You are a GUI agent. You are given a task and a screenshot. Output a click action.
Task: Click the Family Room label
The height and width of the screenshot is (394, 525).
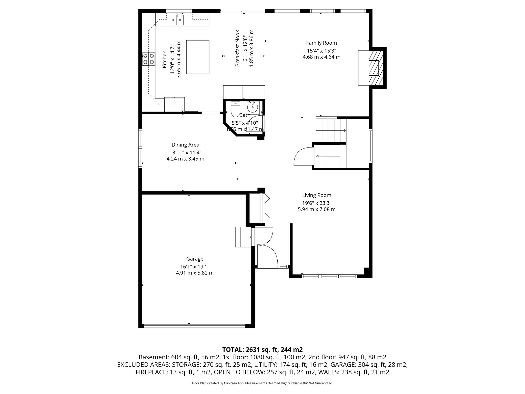tap(321, 43)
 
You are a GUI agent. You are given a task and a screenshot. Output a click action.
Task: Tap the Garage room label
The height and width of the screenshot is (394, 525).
tap(195, 259)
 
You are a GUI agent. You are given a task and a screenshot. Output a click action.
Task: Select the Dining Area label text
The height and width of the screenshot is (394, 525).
tap(185, 145)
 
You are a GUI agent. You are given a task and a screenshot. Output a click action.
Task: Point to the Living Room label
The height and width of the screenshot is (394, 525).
tap(317, 195)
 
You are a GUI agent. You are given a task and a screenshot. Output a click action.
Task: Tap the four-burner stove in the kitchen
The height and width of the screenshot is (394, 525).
tap(149, 59)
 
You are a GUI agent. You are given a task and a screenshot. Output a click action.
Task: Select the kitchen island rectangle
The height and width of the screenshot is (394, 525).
tap(198, 57)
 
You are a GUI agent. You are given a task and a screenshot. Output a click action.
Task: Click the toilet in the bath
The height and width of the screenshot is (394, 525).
tap(235, 110)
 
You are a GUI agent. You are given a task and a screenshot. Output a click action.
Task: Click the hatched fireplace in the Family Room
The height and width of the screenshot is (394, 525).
tap(376, 68)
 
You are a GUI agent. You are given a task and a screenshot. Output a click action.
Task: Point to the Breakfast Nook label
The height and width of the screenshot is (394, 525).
tap(237, 48)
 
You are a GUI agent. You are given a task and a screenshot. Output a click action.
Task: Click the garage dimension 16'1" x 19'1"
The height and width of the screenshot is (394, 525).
tap(195, 267)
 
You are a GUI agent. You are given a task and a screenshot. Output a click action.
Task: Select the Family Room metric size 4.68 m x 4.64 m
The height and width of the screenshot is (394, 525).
tap(321, 57)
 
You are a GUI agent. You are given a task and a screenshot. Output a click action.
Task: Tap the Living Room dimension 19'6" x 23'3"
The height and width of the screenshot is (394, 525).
tap(317, 203)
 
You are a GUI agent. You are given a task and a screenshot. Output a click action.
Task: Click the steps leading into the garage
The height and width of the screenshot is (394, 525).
tap(244, 237)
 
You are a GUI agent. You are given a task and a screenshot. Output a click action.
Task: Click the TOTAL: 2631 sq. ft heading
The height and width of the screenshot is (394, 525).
tap(262, 349)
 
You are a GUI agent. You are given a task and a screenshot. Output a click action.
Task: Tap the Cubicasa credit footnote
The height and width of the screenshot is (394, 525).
tap(262, 383)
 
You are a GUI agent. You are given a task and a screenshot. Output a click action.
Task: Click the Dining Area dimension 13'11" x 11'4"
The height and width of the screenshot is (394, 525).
tap(185, 152)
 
